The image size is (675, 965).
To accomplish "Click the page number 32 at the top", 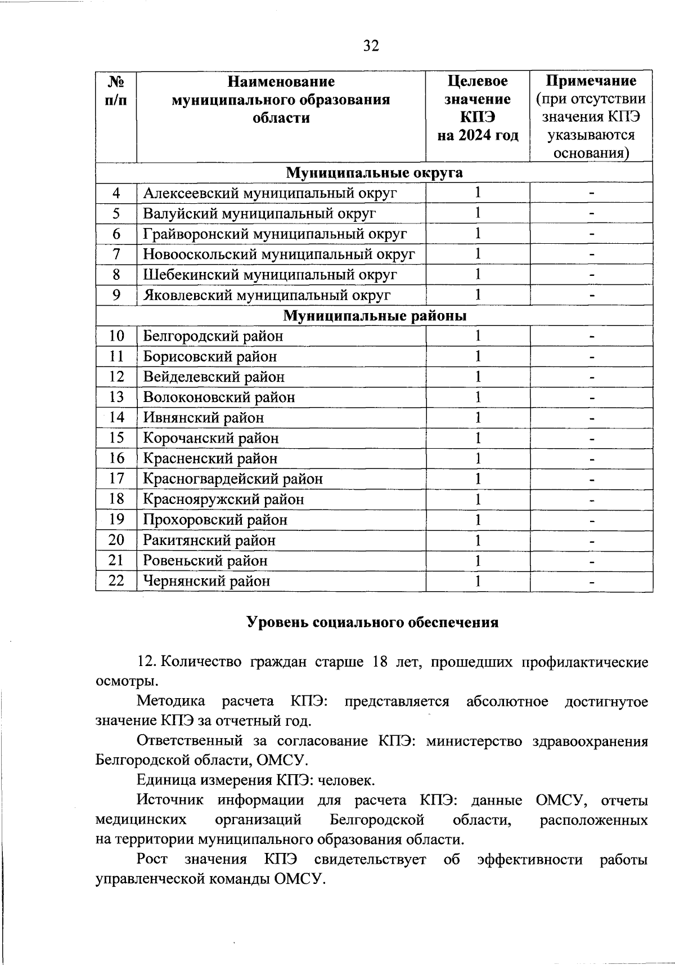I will tap(371, 46).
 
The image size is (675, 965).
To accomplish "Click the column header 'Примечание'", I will tap(591, 81).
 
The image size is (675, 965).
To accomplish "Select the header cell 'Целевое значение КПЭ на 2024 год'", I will tap(478, 108).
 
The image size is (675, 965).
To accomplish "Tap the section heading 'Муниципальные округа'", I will tap(374, 172).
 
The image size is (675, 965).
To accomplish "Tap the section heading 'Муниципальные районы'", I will tap(374, 316).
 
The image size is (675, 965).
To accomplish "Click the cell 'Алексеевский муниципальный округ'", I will tap(270, 193).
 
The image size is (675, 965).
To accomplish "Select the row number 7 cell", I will tap(116, 254).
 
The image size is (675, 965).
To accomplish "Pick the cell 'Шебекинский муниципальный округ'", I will tap(270, 275).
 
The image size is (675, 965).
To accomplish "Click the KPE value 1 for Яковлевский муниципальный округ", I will tap(478, 295).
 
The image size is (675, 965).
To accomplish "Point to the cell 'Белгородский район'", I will tap(213, 336).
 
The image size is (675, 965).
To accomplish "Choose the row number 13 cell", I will tap(116, 397).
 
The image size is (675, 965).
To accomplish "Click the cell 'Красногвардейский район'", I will tap(233, 479).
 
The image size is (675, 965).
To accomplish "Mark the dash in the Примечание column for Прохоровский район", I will tap(592, 520).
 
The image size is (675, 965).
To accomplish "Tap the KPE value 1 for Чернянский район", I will tap(478, 581).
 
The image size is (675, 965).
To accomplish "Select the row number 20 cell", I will tap(116, 540).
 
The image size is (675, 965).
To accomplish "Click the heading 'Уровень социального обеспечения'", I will tap(373, 623).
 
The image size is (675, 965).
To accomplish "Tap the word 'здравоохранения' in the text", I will tap(590, 741).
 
